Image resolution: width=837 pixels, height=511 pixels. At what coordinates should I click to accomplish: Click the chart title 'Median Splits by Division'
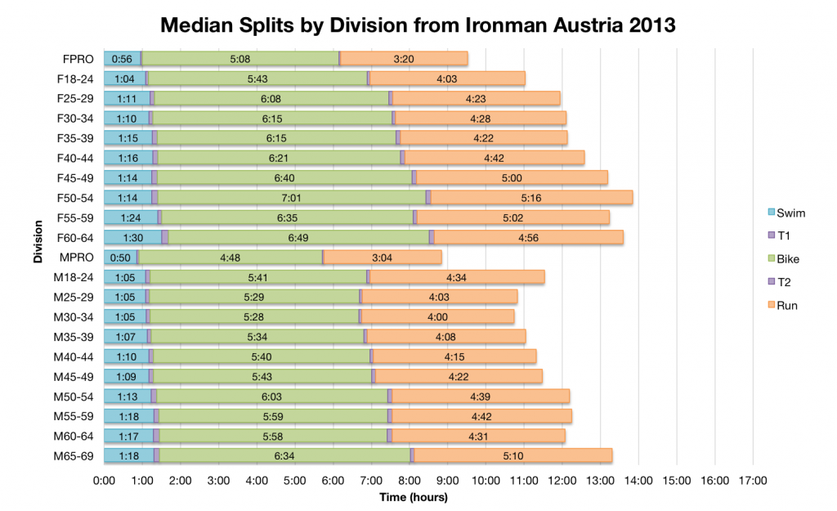point(418,25)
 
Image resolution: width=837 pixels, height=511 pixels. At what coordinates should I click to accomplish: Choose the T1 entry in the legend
point(781,236)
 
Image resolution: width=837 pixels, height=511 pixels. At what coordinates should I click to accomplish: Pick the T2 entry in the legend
point(781,282)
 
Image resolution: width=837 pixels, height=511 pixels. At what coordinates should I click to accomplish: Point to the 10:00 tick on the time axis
point(486,480)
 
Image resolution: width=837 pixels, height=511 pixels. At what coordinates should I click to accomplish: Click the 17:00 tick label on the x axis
point(754,480)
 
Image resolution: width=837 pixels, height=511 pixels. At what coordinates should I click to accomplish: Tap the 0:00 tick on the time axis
point(104,480)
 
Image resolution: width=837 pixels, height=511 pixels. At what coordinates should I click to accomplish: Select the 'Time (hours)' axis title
point(414,496)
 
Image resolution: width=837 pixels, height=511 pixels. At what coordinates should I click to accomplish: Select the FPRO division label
point(78,59)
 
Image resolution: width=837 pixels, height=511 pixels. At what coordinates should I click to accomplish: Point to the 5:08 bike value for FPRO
point(239,59)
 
